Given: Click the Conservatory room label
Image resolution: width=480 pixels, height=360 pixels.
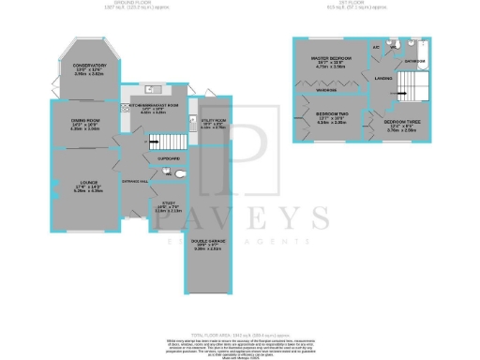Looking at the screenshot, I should tap(84, 65).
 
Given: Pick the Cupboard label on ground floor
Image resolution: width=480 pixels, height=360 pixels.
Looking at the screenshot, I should tap(171, 157).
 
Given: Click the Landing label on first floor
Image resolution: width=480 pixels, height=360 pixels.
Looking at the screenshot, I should tap(383, 79).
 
